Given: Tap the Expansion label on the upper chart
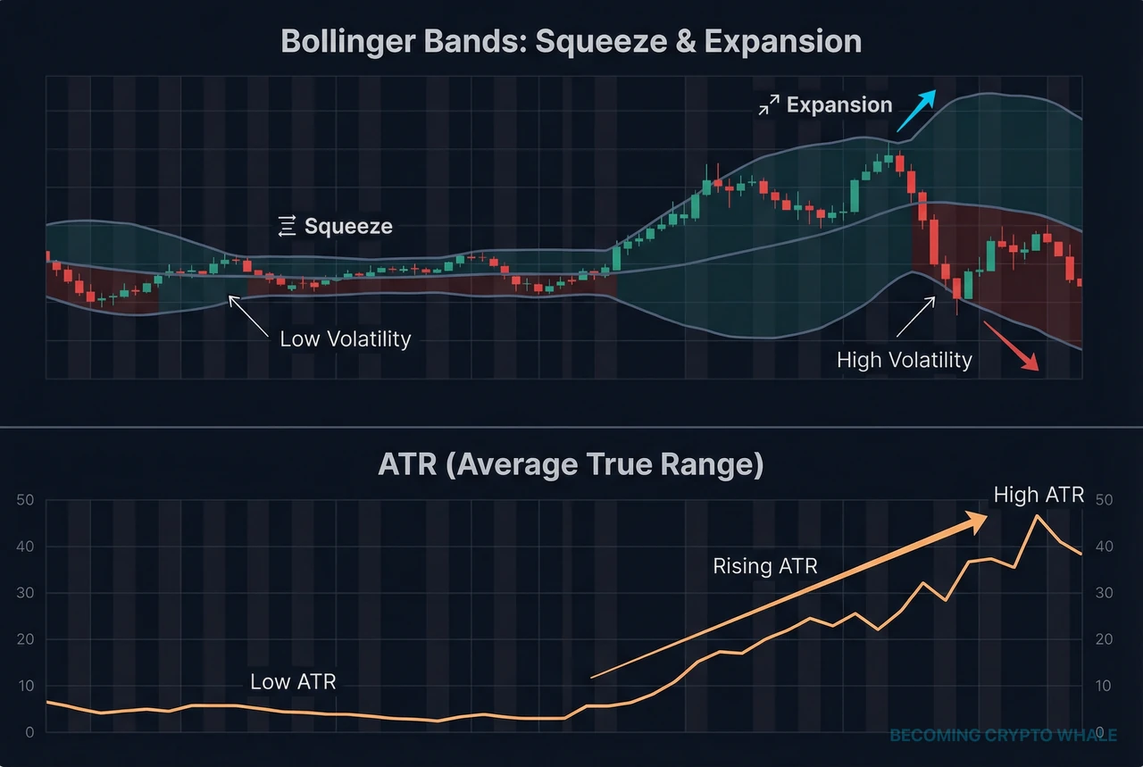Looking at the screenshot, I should click(x=838, y=105).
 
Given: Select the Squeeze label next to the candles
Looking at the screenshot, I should click(x=348, y=226).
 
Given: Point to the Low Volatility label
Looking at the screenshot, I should click(x=345, y=339).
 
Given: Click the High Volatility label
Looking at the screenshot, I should click(x=904, y=361).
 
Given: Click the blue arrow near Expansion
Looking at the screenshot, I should click(x=917, y=111).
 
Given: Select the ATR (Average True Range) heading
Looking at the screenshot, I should click(x=571, y=465).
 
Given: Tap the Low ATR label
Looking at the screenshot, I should click(x=293, y=682).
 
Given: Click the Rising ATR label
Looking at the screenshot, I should click(x=764, y=566).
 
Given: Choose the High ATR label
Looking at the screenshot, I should click(x=1039, y=496).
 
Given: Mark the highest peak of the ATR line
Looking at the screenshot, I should click(x=1036, y=516).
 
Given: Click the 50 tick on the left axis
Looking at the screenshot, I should click(x=25, y=500).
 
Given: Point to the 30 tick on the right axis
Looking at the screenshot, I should click(x=1104, y=593).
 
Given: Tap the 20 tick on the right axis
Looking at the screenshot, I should click(x=1104, y=639).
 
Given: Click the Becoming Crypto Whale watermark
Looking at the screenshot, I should click(x=1003, y=736).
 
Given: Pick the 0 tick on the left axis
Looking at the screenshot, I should click(x=29, y=732).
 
